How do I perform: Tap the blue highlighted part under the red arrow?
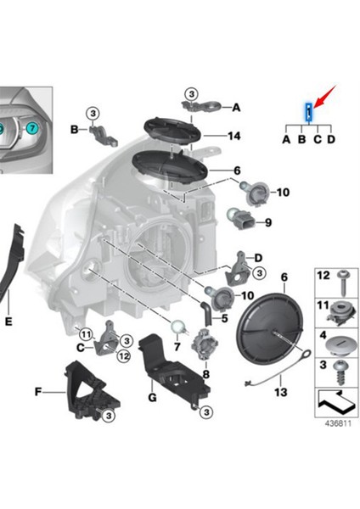309,111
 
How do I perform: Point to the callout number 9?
267,223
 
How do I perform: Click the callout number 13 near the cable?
281,392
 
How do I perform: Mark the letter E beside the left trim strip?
8,322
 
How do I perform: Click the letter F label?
38,392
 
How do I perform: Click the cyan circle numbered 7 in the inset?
32,128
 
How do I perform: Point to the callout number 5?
224,318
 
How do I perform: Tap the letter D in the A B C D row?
331,138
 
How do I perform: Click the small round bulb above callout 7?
178,326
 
